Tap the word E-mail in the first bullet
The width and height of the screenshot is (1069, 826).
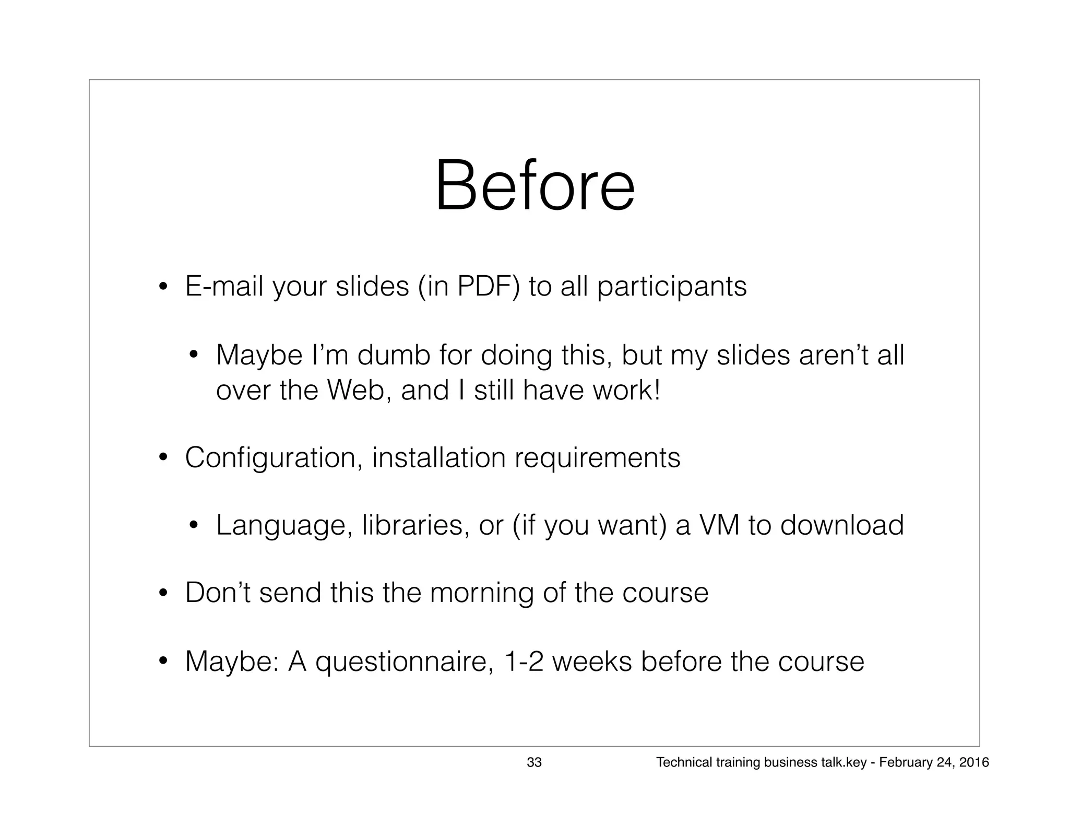[224, 286]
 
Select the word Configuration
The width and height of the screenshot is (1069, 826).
[274, 457]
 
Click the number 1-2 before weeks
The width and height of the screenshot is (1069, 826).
[524, 661]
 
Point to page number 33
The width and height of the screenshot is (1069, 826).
[534, 762]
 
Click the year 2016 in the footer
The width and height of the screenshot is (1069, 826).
[974, 762]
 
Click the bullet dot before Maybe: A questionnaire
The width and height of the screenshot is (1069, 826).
[163, 662]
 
